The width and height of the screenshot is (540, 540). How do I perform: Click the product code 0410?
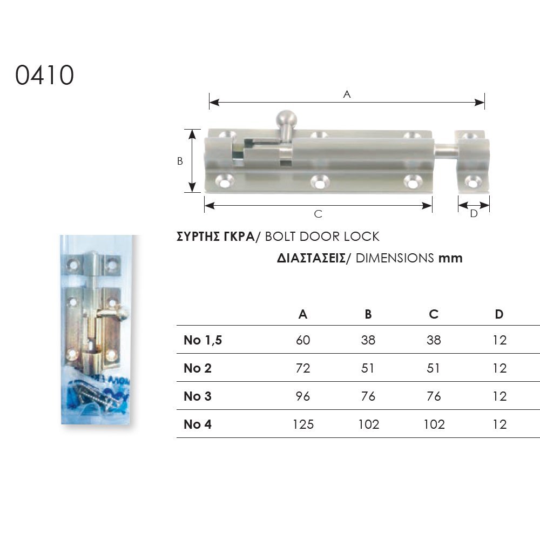pos(44,75)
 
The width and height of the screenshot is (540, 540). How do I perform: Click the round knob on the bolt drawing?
pos(286,119)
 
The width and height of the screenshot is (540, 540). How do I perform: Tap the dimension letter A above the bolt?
pos(347,94)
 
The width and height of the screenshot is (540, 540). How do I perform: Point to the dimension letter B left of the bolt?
pos(180,161)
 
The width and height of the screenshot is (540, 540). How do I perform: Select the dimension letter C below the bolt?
pos(318,214)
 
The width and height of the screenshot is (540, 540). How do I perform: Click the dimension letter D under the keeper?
pos(474,213)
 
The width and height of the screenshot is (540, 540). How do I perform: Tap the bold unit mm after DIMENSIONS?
pos(450,258)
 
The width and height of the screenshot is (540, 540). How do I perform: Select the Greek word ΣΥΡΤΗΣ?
pos(198,237)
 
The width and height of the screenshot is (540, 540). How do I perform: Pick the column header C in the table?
pos(434,314)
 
